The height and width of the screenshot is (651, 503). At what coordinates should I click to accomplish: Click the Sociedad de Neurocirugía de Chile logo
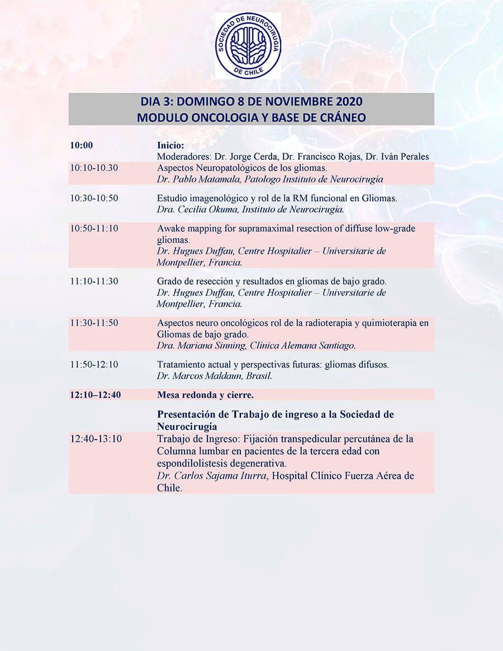click(249, 46)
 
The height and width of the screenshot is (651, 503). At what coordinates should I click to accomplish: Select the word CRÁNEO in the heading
click(339, 117)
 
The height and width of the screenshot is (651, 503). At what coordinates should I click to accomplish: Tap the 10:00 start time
click(82, 145)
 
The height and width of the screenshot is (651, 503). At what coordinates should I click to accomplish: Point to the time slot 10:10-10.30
click(94, 168)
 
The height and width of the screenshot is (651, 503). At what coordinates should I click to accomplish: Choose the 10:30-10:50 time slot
click(94, 198)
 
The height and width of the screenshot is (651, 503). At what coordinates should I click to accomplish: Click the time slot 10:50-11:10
click(94, 229)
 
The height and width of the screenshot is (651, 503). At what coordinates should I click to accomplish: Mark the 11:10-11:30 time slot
click(94, 281)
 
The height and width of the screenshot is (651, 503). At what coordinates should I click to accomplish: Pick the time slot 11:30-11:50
click(94, 323)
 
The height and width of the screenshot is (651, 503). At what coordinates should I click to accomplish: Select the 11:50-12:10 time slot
click(94, 365)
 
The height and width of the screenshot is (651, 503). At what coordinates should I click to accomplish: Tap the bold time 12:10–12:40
click(96, 395)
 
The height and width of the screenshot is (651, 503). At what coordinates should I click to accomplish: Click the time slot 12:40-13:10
click(96, 439)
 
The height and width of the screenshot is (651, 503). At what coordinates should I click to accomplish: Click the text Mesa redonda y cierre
click(205, 395)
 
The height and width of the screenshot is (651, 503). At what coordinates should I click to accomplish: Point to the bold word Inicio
click(170, 145)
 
